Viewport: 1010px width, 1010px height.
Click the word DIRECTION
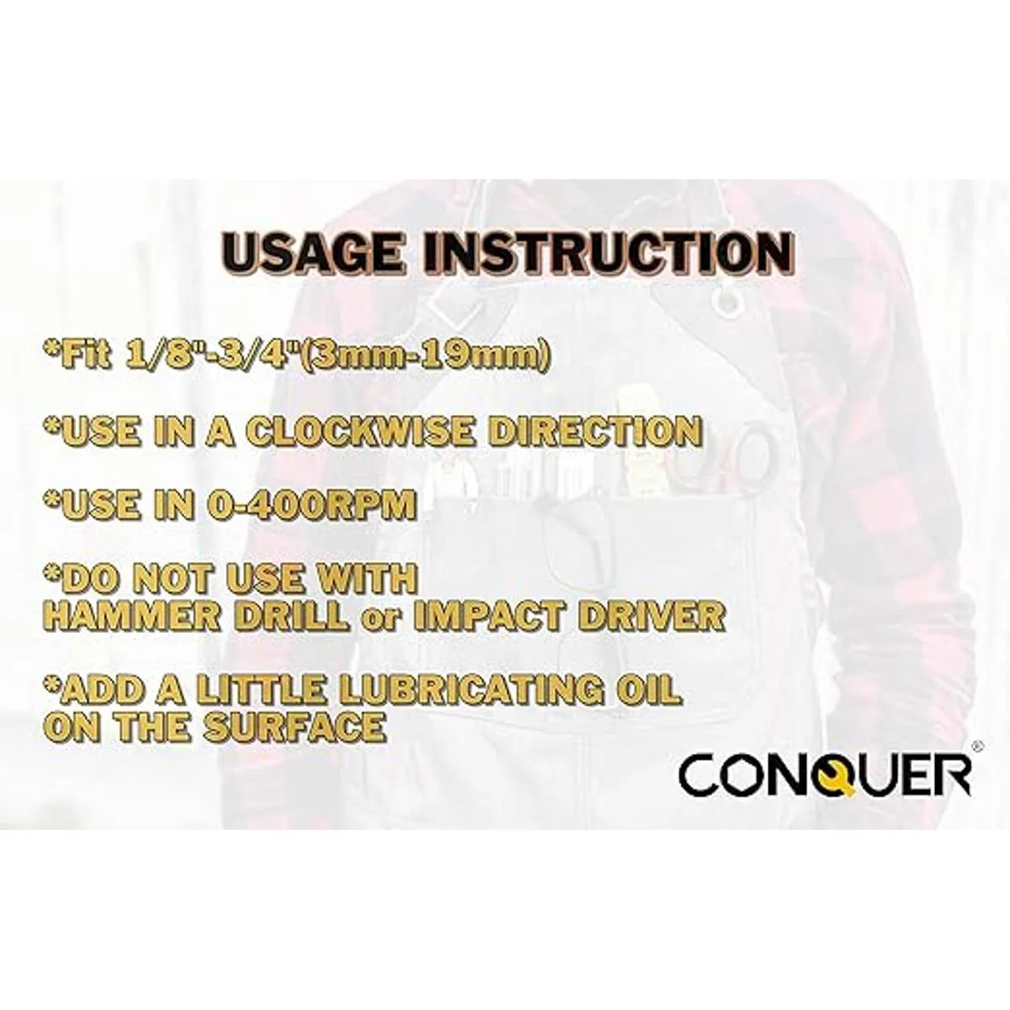pyautogui.click(x=596, y=431)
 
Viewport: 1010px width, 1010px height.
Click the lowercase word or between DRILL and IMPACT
pyautogui.click(x=381, y=620)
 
